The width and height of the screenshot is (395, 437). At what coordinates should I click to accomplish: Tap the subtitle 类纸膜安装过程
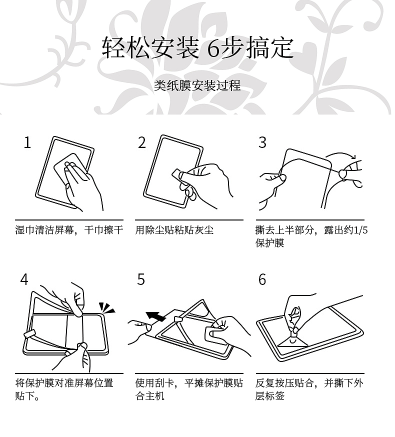[x=197, y=86]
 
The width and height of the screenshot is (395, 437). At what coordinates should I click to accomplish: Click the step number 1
[x=27, y=143]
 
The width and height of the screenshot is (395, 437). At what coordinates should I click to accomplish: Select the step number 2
[x=142, y=143]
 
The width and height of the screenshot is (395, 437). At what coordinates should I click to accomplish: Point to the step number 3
[x=262, y=143]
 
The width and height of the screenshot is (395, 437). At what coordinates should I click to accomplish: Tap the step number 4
[x=24, y=279]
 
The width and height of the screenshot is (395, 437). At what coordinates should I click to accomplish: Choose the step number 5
[x=141, y=279]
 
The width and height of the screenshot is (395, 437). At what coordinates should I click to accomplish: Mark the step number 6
[x=262, y=279]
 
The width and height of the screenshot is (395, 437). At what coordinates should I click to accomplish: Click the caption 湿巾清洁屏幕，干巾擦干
[x=69, y=230]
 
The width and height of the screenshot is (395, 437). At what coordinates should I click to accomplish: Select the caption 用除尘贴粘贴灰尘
[x=174, y=230]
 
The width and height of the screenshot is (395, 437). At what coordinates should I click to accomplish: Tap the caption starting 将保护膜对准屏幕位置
[x=64, y=383]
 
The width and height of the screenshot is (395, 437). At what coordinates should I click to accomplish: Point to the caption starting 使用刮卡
[x=189, y=383]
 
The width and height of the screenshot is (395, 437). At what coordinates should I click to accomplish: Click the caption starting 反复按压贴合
[x=309, y=383]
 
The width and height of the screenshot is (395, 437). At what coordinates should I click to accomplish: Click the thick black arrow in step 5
[x=156, y=316]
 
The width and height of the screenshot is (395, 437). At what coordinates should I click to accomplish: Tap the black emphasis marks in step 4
[x=106, y=307]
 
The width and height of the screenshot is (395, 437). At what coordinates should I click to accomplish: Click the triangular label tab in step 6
[x=292, y=342]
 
